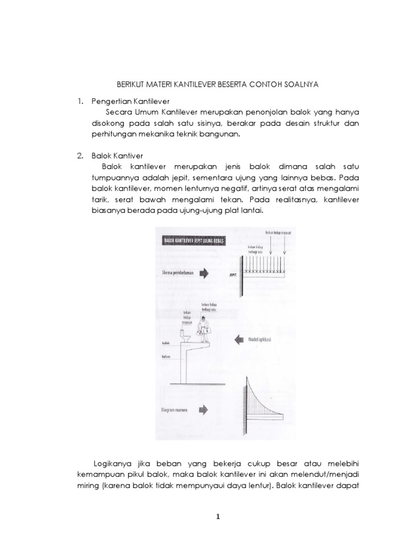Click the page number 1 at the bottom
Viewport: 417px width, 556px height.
pyautogui.click(x=218, y=516)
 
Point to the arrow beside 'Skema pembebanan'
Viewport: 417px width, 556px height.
pyautogui.click(x=204, y=274)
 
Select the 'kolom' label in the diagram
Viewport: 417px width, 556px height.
pyautogui.click(x=167, y=357)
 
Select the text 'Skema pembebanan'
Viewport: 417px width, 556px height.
pyautogui.click(x=176, y=274)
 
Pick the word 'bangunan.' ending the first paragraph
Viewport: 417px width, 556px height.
pyautogui.click(x=217, y=134)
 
